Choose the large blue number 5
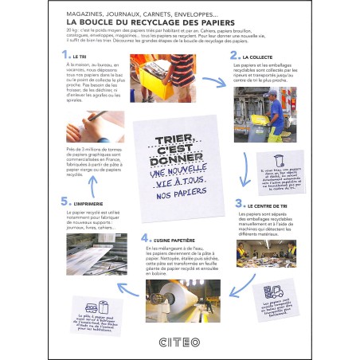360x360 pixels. [x=65, y=202]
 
